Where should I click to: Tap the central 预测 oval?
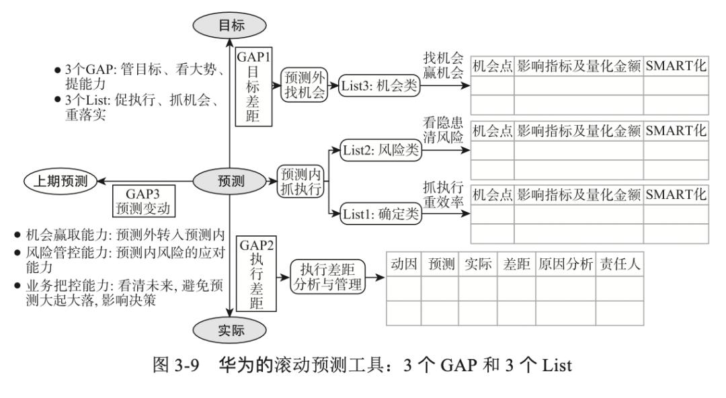[x=229, y=181]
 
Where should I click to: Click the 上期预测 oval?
[x=60, y=180]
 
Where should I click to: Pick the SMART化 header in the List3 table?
[x=676, y=67]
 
